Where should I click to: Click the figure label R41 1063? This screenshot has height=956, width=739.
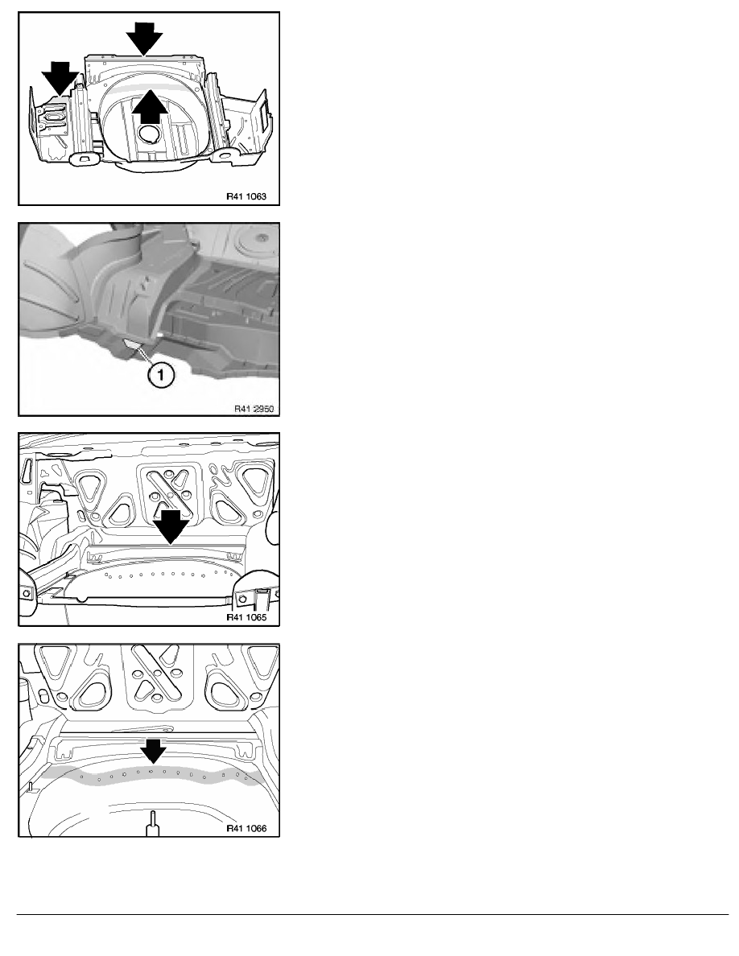(x=246, y=196)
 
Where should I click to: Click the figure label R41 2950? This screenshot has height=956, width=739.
(x=254, y=408)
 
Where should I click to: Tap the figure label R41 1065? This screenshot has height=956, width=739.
(x=246, y=617)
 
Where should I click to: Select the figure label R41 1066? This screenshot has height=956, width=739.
(x=246, y=829)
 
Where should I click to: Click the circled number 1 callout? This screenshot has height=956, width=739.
(x=161, y=375)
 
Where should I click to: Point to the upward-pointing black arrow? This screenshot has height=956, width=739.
(x=150, y=107)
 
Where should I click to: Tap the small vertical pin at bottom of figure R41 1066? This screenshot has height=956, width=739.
(x=152, y=823)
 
